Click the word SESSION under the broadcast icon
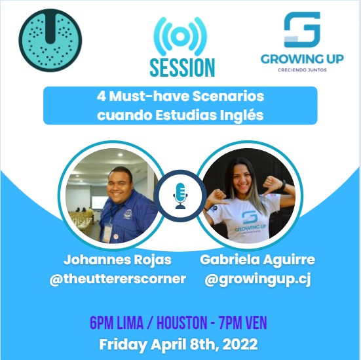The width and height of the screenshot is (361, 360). pos(182,67)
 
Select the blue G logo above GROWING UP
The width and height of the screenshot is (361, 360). pos(301,30)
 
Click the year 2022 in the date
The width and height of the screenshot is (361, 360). pos(238,343)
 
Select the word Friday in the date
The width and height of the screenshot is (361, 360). pos(121,343)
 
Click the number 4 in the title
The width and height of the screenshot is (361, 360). pos(98,96)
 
